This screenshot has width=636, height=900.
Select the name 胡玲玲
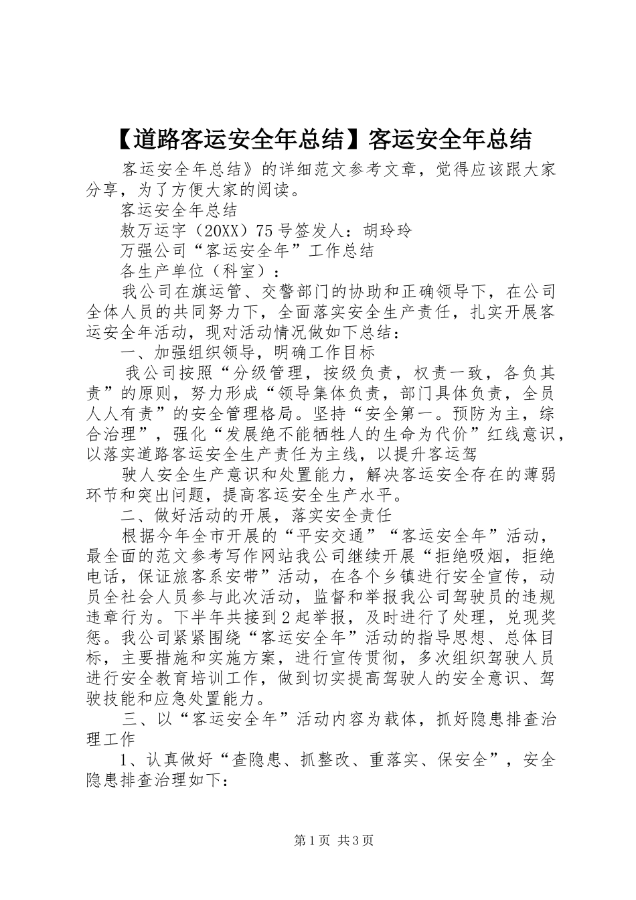tap(389, 231)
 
